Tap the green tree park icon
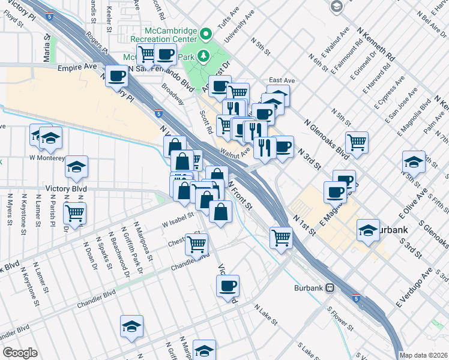point(204,57)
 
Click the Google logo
point(20,353)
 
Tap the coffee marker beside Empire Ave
point(116,76)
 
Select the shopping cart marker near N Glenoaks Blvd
point(357,142)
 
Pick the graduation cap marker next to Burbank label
point(368,230)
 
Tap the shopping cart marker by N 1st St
point(280,237)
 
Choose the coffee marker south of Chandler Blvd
point(228,286)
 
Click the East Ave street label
point(282,80)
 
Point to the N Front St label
point(240,192)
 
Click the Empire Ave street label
point(77,68)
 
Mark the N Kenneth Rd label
point(376,44)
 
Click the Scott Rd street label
point(205,120)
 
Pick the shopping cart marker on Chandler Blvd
point(197,244)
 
